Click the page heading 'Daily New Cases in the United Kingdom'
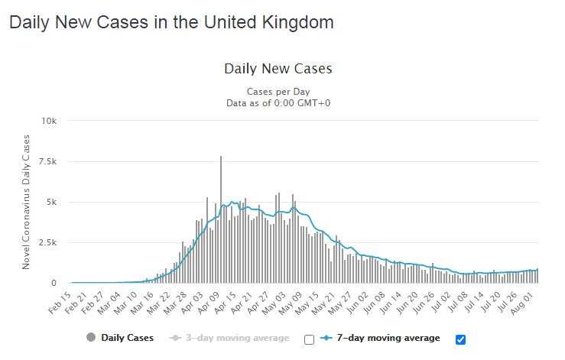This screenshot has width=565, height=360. [171, 22]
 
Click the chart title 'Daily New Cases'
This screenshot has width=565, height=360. [278, 69]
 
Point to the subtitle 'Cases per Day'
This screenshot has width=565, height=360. [278, 92]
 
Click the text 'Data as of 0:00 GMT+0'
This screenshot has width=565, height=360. [278, 103]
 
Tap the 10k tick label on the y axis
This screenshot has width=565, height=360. [49, 121]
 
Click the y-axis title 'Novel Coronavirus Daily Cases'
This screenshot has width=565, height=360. [26, 202]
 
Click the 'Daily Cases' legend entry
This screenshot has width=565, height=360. [127, 338]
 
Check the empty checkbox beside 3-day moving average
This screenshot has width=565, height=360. [309, 339]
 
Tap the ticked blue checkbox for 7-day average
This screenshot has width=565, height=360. [460, 339]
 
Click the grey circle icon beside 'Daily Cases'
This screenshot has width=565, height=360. [92, 338]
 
